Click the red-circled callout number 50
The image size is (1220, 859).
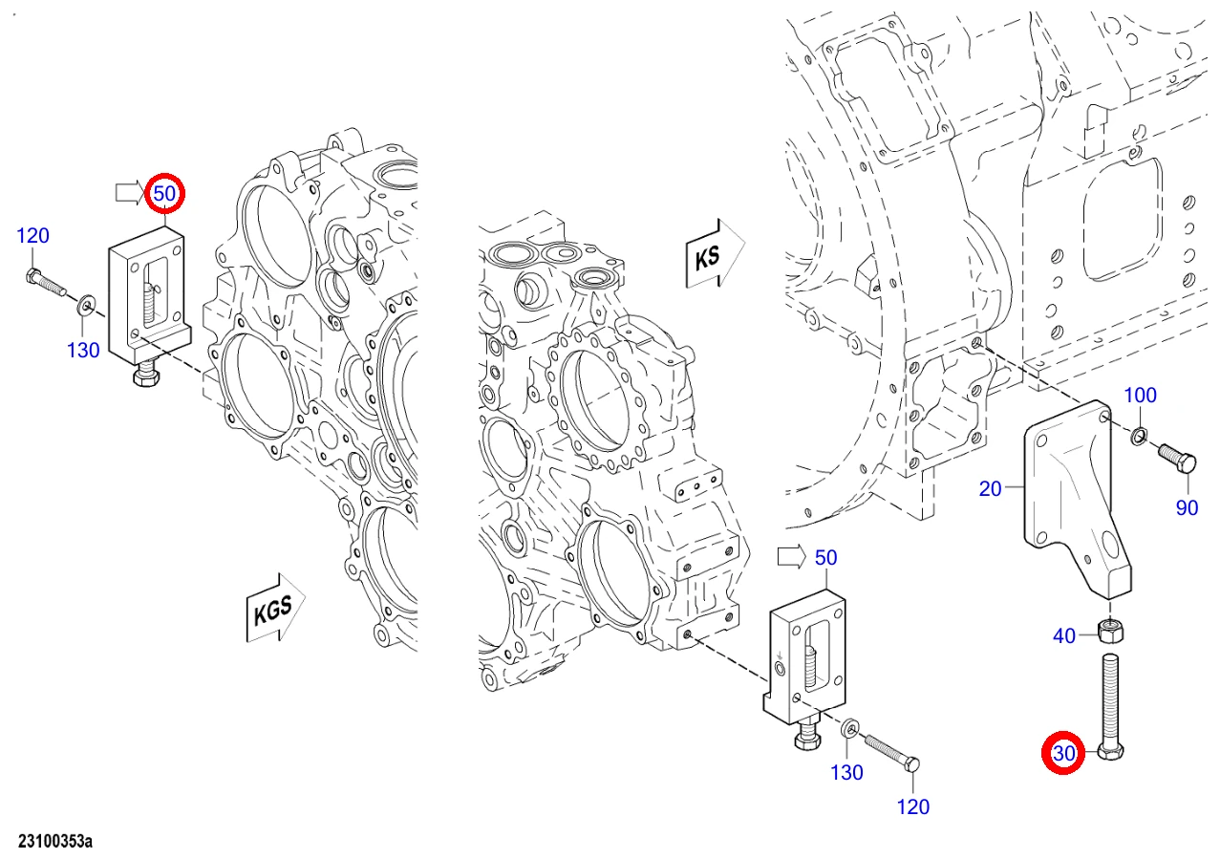click(x=164, y=193)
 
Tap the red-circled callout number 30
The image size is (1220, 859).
click(x=1063, y=753)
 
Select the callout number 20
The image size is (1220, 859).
click(x=990, y=488)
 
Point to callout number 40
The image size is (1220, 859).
click(x=1063, y=635)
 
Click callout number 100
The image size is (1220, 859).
click(x=1141, y=395)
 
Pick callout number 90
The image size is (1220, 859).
click(x=1187, y=507)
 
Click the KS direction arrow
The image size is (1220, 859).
click(x=715, y=253)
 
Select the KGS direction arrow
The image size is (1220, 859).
click(x=275, y=608)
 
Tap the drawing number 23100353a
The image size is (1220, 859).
click(x=55, y=842)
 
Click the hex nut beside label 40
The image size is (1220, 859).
click(x=1110, y=632)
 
